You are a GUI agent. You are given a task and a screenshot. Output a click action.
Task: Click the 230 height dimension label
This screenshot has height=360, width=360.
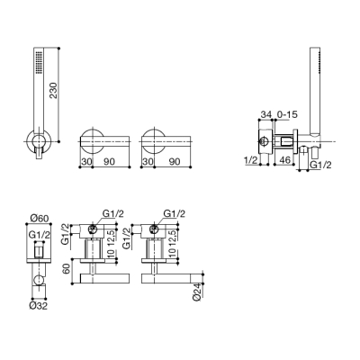coord(53,90)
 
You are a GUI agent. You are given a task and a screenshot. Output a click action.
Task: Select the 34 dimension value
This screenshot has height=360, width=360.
coord(266,114)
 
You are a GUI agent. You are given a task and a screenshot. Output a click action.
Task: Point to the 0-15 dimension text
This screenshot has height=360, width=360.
coord(287,114)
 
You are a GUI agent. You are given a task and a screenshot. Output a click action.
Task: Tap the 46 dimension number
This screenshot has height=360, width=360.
coord(285,160)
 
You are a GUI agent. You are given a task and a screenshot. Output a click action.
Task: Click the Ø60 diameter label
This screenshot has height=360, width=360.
coord(40,219)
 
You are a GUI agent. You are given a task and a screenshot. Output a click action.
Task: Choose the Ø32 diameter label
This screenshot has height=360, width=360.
coord(39,306)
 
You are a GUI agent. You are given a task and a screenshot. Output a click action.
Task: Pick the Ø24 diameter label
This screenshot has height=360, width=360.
coord(196,292)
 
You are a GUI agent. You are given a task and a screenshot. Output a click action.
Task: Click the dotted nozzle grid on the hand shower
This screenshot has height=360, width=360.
coord(39,62)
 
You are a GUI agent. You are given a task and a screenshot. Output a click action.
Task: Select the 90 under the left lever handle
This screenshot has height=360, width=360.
coord(109,161)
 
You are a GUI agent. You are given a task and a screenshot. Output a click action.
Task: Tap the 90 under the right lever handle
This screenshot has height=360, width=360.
coord(175,161)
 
